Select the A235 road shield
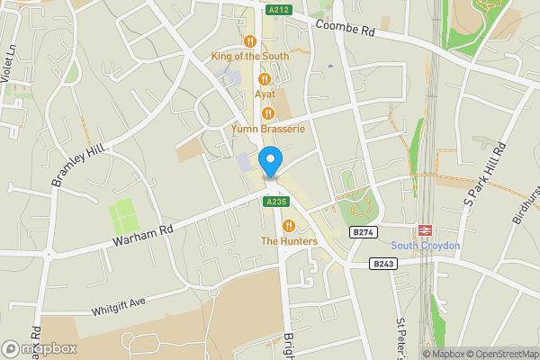click(275, 202)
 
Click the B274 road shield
click(363, 232)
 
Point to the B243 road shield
click(383, 264)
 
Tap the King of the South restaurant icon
click(249, 40)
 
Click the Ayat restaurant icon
click(264, 79)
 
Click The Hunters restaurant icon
click(289, 226)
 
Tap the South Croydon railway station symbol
click(425, 230)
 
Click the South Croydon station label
click(425, 247)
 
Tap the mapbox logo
click(40, 348)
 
